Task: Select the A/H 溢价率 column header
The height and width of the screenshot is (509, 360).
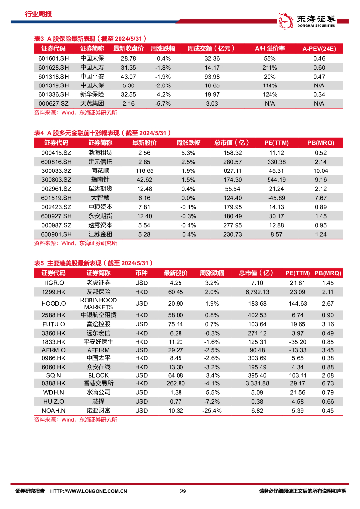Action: tap(269, 49)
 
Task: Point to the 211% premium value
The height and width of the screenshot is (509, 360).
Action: tap(270, 68)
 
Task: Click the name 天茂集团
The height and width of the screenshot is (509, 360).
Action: tap(92, 103)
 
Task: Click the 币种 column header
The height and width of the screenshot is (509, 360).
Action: tap(141, 273)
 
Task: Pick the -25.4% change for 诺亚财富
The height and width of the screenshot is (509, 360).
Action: tap(211, 410)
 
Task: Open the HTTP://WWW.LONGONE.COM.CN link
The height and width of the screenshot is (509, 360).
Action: tap(89, 491)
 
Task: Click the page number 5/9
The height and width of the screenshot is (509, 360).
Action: tap(182, 491)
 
